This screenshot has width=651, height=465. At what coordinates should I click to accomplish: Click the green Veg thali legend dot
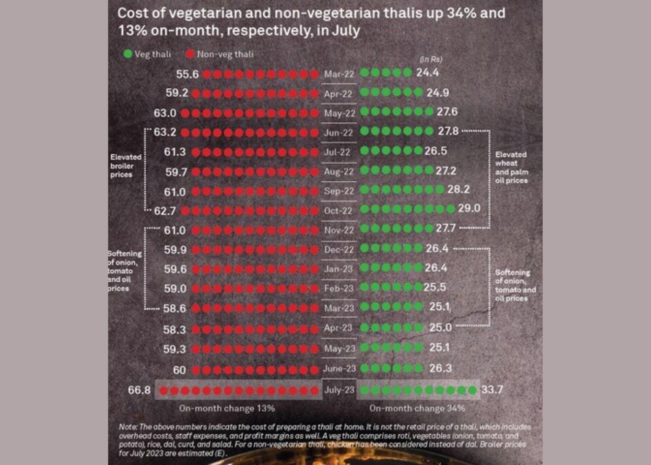pos(128,54)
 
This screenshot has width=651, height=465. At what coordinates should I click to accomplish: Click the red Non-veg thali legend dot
pos(190,54)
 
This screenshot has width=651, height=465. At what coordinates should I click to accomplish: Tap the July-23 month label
pos(339,390)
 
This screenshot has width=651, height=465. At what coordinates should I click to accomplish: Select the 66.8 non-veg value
pos(139,390)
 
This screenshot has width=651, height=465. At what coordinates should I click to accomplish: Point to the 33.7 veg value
pos(492,389)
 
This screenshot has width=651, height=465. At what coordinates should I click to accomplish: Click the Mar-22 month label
pos(339,74)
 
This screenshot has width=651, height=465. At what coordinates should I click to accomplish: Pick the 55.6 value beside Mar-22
pos(187,74)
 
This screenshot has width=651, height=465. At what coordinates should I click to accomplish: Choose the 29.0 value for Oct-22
pos(469,208)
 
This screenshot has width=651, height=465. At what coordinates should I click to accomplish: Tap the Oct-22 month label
pos(339,211)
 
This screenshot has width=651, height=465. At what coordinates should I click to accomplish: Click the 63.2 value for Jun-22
pos(165,132)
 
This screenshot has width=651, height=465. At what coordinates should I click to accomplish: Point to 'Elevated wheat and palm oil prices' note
pos(511,167)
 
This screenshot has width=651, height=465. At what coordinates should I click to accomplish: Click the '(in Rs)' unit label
pos(431,59)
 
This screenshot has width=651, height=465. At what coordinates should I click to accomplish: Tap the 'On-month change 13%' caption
pos(227,408)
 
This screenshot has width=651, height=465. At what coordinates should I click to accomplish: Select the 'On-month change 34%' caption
pos(417,408)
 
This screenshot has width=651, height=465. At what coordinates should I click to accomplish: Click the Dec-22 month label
pos(339,250)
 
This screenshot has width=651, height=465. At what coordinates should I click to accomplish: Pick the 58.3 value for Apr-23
pos(175,330)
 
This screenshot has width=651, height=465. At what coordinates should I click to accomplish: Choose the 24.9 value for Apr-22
pos(438,93)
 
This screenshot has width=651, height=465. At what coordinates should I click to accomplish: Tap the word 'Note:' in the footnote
pos(128,426)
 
